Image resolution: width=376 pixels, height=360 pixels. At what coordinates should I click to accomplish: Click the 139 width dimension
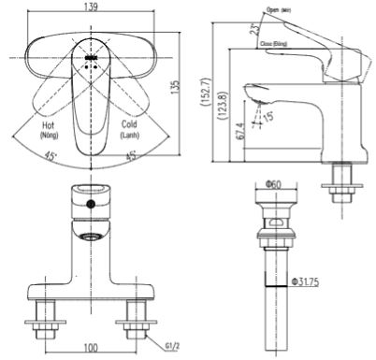90,7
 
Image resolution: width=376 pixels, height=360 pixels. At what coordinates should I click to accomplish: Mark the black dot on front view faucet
90,203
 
